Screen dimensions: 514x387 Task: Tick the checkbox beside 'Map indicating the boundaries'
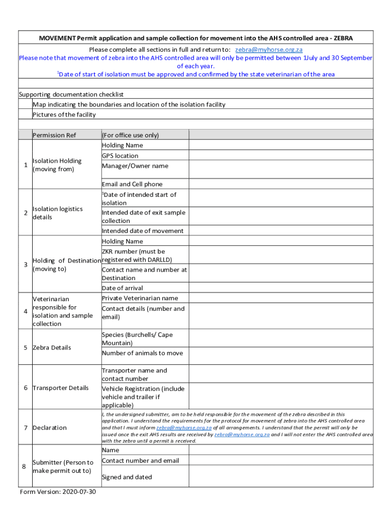[25, 104]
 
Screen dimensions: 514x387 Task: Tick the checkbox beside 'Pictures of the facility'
[25, 114]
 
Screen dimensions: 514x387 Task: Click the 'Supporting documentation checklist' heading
[71, 94]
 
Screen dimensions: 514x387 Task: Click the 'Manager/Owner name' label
[135, 166]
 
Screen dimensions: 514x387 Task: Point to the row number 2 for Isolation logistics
[25, 213]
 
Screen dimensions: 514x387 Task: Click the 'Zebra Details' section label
[51, 347]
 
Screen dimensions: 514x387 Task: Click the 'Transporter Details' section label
[60, 388]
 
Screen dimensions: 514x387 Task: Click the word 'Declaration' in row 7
[49, 428]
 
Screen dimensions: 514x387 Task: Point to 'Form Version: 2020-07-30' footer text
[58, 492]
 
